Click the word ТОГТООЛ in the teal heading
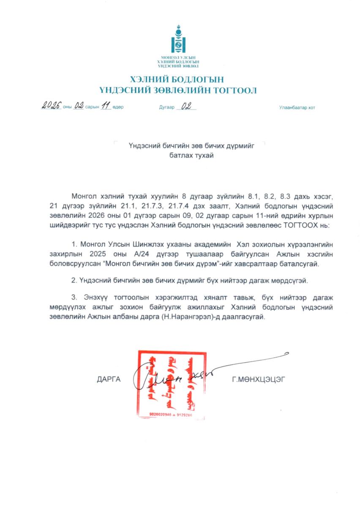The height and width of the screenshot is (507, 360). click(x=235, y=90)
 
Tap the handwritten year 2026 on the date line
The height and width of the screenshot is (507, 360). click(x=52, y=106)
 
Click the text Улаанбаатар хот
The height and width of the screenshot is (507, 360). click(x=297, y=108)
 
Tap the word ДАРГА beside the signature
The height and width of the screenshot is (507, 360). click(x=109, y=379)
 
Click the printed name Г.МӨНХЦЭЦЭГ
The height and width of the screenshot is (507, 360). click(x=259, y=379)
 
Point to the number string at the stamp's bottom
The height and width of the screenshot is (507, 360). click(x=171, y=415)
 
